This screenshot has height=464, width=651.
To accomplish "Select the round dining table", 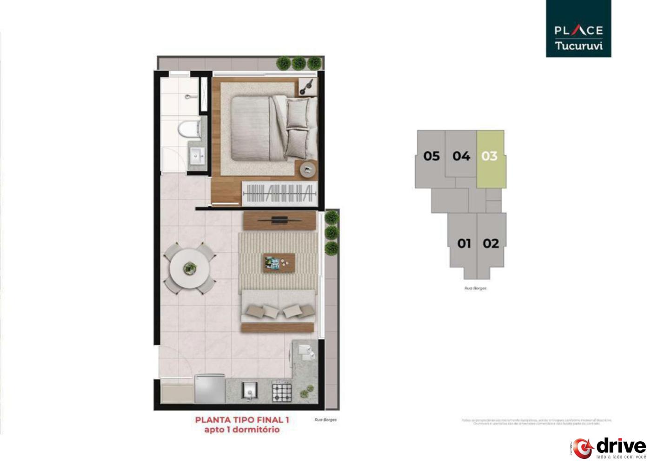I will tap(190, 268).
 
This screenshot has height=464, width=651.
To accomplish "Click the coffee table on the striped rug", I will tap(279, 263).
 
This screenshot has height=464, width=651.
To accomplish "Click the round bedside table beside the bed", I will tap(308, 170).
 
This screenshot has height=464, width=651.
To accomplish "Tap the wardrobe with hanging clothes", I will tap(279, 192).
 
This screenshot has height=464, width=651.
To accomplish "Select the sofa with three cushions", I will tap(278, 310).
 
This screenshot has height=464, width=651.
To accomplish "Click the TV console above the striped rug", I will tap(279, 220).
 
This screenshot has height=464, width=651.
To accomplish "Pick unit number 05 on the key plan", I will tap(431, 156).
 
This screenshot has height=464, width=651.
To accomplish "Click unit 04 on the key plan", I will tap(461, 156).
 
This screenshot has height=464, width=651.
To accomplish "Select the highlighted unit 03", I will tap(490, 157).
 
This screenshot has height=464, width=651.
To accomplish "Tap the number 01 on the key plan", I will tap(464, 243).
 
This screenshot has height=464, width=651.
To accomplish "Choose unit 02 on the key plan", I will tap(491, 243).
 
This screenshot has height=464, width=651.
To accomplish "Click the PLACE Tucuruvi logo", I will tap(578, 29).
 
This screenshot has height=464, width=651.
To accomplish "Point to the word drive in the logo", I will tap(621, 446).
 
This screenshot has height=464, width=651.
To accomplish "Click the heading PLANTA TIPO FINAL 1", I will tap(242, 420).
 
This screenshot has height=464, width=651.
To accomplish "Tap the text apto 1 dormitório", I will tap(242, 430).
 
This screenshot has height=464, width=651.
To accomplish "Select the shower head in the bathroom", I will tap(188, 97).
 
